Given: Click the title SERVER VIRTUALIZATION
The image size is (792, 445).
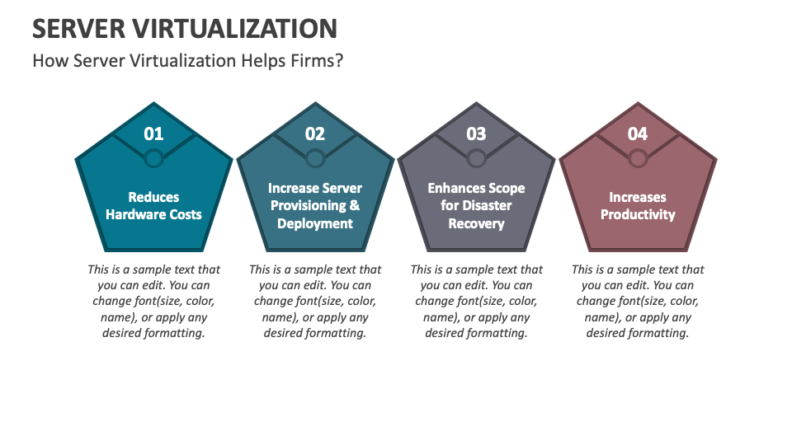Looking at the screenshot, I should coord(185,28).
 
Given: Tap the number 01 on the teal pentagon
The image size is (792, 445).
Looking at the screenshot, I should coord(153,133).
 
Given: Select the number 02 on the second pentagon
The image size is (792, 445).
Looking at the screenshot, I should coord(315,133).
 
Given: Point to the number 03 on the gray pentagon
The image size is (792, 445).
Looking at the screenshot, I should coord(476,133).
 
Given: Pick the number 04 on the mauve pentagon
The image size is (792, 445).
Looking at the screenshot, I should coord(638,133).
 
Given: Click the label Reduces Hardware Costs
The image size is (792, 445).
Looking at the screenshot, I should coord(153,206).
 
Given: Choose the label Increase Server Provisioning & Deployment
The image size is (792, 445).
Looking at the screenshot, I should coord(315,206).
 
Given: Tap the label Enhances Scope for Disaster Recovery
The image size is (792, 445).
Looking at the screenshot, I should coord(476,206).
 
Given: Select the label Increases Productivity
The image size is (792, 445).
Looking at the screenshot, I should coord(638,206).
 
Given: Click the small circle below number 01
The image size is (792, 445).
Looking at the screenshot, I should coord(153,157).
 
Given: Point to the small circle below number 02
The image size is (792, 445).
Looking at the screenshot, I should coord(315,157).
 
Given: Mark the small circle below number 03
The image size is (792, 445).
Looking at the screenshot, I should coord(476,157).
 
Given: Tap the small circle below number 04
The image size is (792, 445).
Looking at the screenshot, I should coord(638,157).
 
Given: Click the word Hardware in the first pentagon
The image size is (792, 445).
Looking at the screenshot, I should coord(137,215).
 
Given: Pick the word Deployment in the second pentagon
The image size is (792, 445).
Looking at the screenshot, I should coord(315,224).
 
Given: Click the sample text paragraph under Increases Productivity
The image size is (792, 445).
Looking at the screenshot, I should coord(638,302).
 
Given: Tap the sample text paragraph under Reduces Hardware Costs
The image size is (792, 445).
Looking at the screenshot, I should coord(153,302).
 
